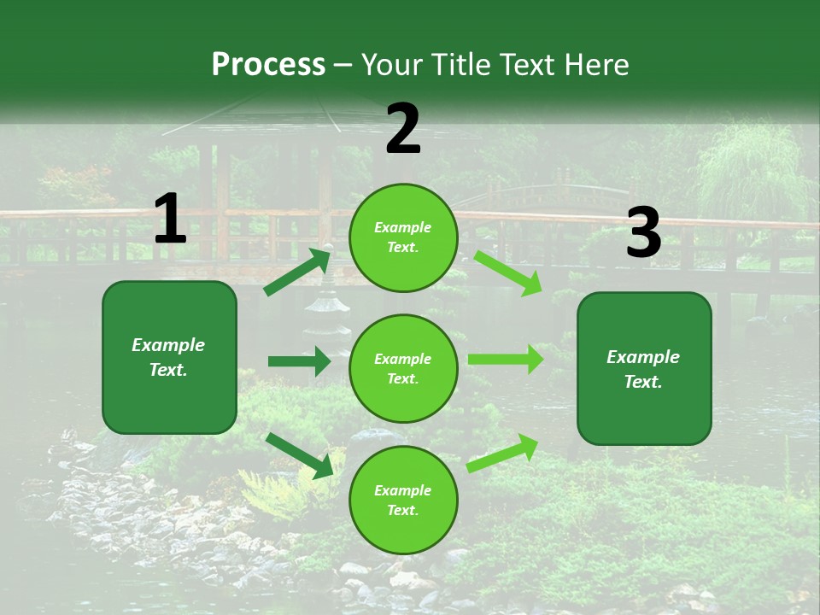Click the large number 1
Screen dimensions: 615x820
170,220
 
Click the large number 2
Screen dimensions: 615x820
403,129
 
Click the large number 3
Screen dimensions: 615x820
643,233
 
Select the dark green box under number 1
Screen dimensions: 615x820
169,357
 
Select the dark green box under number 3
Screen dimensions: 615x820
644,368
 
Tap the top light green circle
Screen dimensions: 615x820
403,237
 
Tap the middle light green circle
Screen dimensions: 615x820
403,368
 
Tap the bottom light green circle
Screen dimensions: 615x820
403,500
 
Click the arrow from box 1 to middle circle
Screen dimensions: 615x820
299,361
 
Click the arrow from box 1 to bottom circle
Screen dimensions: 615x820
299,455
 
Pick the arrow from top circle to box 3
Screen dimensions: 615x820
508,272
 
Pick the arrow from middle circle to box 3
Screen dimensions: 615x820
506,359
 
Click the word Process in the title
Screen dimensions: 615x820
268,64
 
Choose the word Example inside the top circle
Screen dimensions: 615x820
402,228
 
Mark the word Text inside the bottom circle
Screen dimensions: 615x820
401,510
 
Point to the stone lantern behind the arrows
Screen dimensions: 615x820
328,312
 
